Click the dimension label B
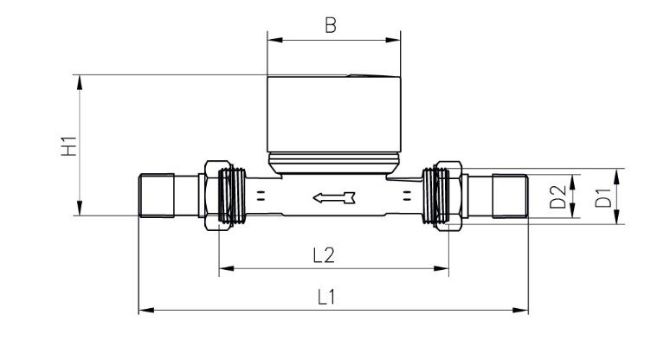(x=331, y=25)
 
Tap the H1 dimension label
(x=68, y=146)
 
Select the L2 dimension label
(x=324, y=255)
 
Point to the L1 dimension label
(x=326, y=297)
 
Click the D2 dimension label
(x=557, y=196)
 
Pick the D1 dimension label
(x=603, y=196)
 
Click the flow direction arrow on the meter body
(x=334, y=197)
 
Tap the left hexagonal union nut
(x=218, y=196)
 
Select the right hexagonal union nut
(x=448, y=196)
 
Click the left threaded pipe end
(x=157, y=196)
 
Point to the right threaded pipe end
(x=510, y=196)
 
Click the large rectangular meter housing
(x=334, y=114)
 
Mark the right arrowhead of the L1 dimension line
(x=520, y=310)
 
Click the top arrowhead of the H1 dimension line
(x=79, y=82)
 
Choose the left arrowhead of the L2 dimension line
(x=227, y=268)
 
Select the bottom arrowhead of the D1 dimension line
(x=617, y=216)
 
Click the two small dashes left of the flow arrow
(x=261, y=196)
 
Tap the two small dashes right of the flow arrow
(x=407, y=196)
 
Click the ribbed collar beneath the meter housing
(x=334, y=163)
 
